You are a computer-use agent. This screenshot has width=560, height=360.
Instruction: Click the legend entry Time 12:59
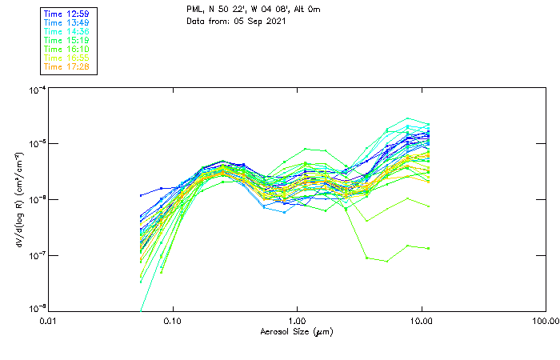pos(67,14)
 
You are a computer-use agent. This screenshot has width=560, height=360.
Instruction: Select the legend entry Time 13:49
pos(67,22)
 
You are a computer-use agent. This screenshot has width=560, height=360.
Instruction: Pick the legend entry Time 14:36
pos(67,31)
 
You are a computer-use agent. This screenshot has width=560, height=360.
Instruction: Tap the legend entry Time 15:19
pos(67,40)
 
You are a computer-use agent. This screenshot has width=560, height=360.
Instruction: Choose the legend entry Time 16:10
pos(67,49)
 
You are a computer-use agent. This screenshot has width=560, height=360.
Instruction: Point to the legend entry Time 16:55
pos(67,58)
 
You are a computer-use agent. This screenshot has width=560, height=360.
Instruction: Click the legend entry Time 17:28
pos(67,66)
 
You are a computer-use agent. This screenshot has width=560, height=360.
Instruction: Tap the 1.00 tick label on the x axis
pos(297,320)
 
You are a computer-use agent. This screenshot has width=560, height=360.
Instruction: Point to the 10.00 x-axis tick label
pos(421,320)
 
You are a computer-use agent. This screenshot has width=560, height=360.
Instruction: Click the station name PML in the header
pos(194,10)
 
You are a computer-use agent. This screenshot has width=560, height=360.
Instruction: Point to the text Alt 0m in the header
pos(314,10)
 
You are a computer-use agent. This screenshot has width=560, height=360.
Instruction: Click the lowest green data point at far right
pos(429,248)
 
